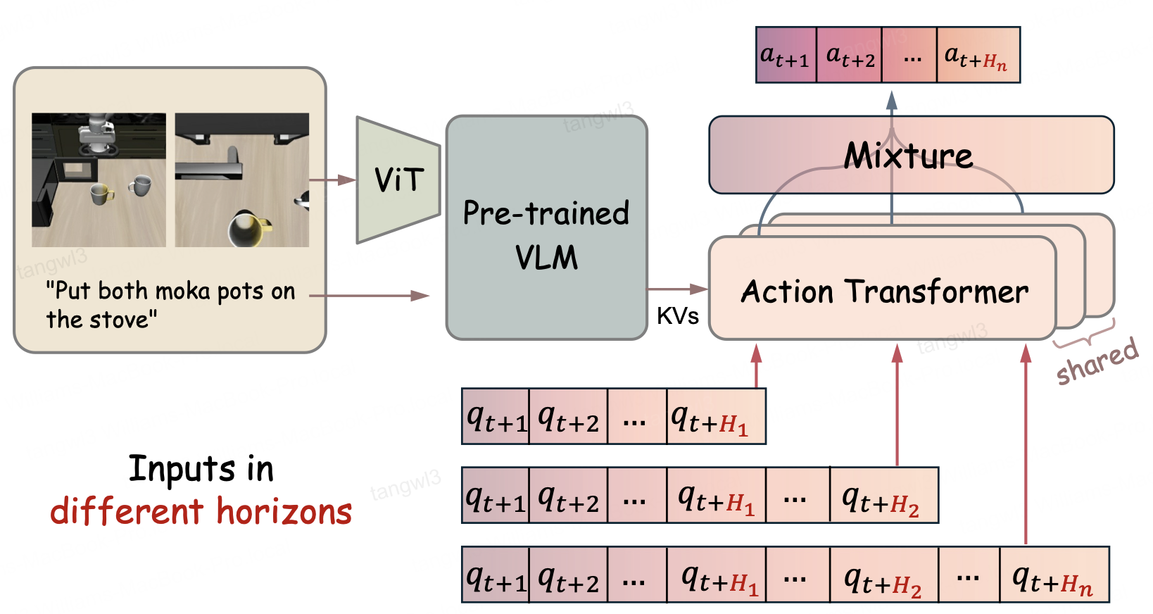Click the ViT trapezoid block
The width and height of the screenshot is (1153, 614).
[x=398, y=180]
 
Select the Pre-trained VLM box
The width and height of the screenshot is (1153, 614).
[x=547, y=227]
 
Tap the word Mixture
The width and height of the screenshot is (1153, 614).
[x=909, y=156]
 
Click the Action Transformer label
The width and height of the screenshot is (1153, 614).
[x=885, y=292]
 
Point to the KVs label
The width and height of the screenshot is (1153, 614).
[x=677, y=315]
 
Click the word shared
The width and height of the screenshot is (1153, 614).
[x=1097, y=362]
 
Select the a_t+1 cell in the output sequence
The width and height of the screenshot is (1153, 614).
[x=786, y=55]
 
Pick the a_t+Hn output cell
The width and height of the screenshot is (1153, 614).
[x=978, y=55]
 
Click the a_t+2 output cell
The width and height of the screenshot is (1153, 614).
[x=850, y=55]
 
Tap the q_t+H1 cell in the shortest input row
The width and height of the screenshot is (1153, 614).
[x=716, y=416]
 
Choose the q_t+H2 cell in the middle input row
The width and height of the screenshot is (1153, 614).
[x=884, y=495]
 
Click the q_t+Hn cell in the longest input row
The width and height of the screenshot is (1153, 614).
[x=1054, y=575]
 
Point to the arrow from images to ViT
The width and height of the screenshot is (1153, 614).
[x=332, y=180]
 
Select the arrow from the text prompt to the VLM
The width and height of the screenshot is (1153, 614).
[x=369, y=296]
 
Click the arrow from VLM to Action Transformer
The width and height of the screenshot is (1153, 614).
[x=678, y=289]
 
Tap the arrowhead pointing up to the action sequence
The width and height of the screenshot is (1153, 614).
[x=892, y=101]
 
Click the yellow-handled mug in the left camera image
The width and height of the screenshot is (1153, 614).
[x=101, y=194]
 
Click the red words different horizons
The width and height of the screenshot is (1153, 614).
[x=201, y=511]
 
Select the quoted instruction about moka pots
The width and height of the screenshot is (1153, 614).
[x=170, y=305]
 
